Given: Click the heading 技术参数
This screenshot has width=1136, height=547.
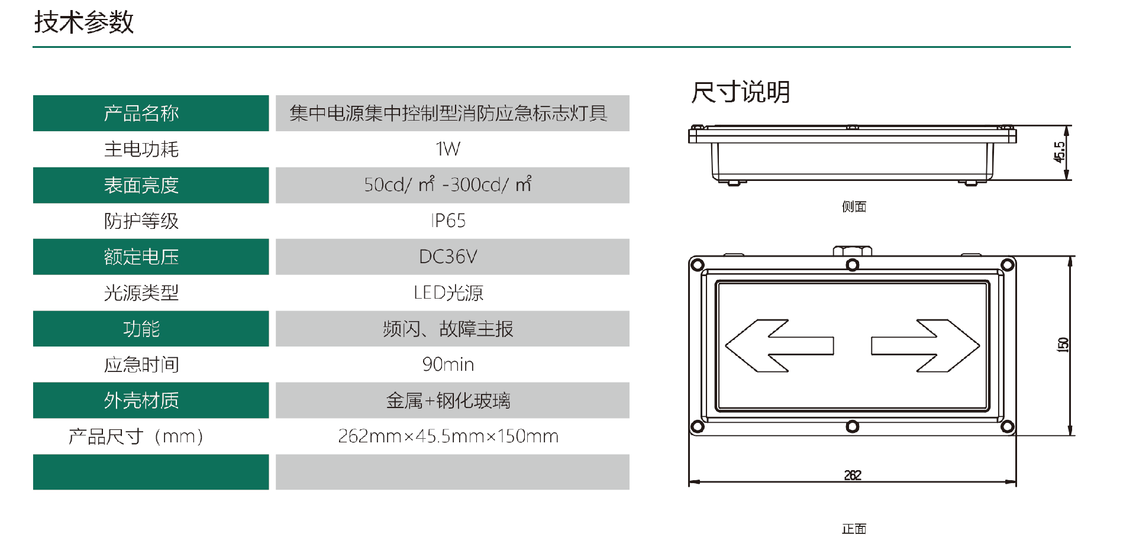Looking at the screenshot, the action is click(84, 22).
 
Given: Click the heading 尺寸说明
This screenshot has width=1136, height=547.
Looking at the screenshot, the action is click(741, 92).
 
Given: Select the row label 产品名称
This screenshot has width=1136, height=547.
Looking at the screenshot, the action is click(141, 113).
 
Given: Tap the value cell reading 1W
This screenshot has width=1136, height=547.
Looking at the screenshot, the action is click(448, 149).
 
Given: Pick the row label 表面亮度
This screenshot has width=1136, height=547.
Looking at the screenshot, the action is click(141, 185).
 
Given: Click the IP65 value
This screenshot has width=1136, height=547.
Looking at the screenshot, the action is click(448, 221).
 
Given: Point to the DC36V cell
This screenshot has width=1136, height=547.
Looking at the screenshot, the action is click(448, 257).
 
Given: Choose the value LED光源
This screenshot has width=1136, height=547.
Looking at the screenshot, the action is click(448, 293).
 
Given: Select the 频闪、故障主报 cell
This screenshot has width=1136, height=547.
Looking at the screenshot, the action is click(448, 329).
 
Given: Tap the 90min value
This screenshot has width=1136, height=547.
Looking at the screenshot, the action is click(448, 364).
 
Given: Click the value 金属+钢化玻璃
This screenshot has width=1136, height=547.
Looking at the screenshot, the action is click(448, 400).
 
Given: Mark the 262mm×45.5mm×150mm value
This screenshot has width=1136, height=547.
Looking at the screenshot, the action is click(448, 436).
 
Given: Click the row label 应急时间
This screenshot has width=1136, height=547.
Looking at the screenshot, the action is click(141, 364).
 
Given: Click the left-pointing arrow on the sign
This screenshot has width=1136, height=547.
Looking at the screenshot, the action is click(779, 346).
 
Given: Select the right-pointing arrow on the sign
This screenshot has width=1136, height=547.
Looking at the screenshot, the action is click(925, 346).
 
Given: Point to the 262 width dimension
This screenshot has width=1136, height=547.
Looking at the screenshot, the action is click(853, 475).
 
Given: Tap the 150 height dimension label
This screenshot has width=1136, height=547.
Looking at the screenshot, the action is click(1063, 345).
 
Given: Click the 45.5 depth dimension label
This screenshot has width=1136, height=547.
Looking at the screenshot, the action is click(1060, 151).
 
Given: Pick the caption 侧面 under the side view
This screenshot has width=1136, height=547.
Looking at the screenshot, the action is click(854, 206).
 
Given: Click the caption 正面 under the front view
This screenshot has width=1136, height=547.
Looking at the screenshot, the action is click(854, 529).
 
